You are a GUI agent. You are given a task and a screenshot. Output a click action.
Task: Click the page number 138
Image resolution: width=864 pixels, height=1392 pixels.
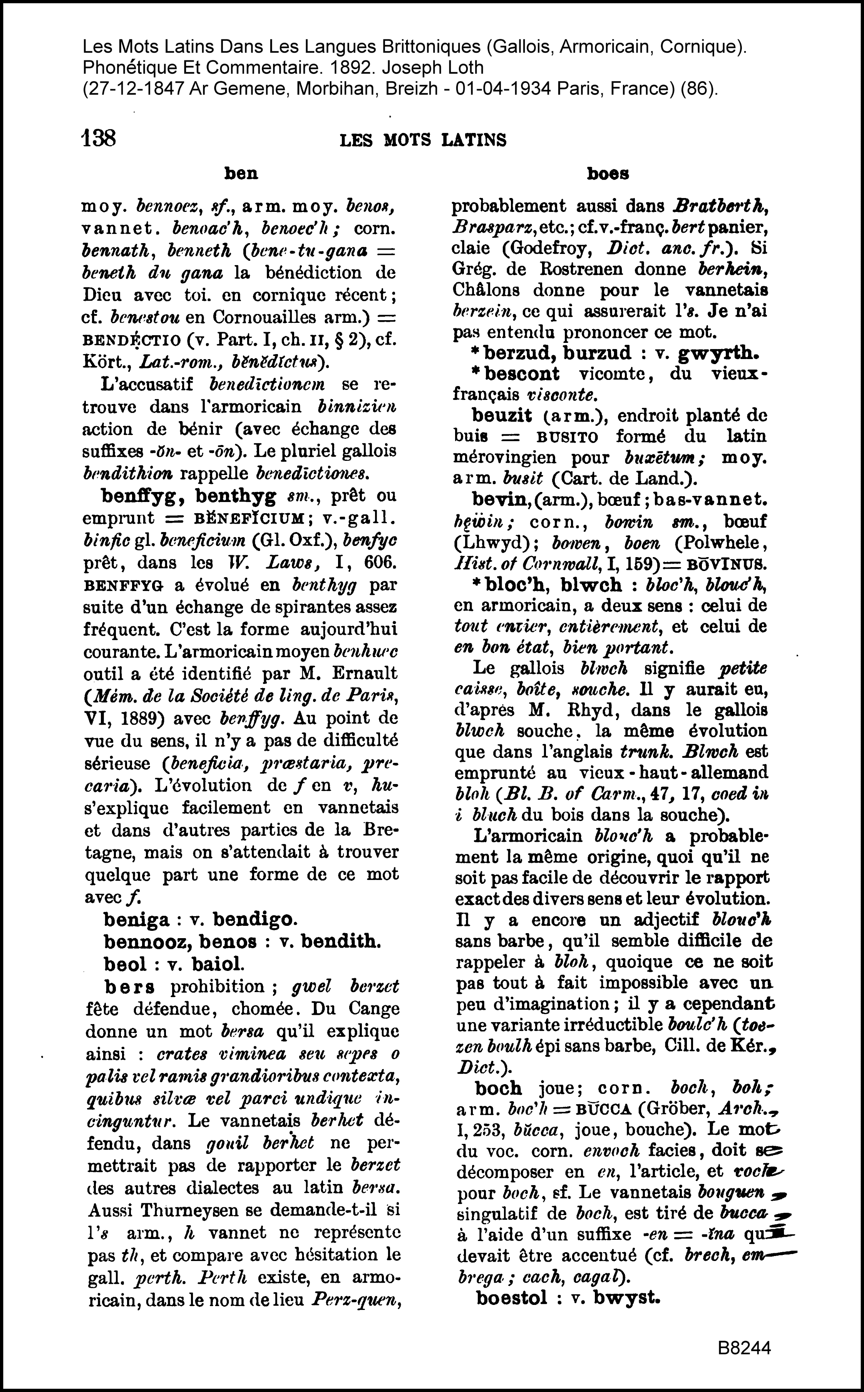point(99,138)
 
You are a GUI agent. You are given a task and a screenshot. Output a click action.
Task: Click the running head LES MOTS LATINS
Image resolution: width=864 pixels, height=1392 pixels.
point(423,140)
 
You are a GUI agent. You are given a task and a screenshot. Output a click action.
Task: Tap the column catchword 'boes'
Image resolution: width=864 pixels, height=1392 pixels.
point(608,174)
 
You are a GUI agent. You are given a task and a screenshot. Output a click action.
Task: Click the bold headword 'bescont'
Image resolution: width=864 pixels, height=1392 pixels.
point(522,374)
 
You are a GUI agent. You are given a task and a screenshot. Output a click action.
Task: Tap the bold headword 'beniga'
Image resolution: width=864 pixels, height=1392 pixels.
point(137,920)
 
